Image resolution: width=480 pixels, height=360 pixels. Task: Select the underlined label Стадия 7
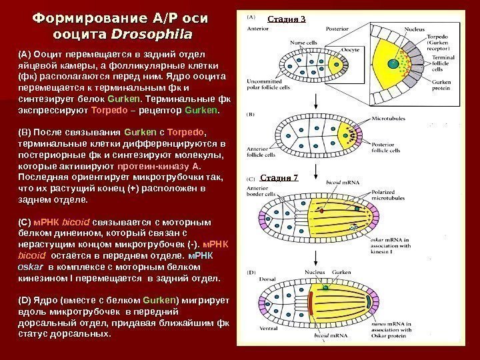coord(278,177)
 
